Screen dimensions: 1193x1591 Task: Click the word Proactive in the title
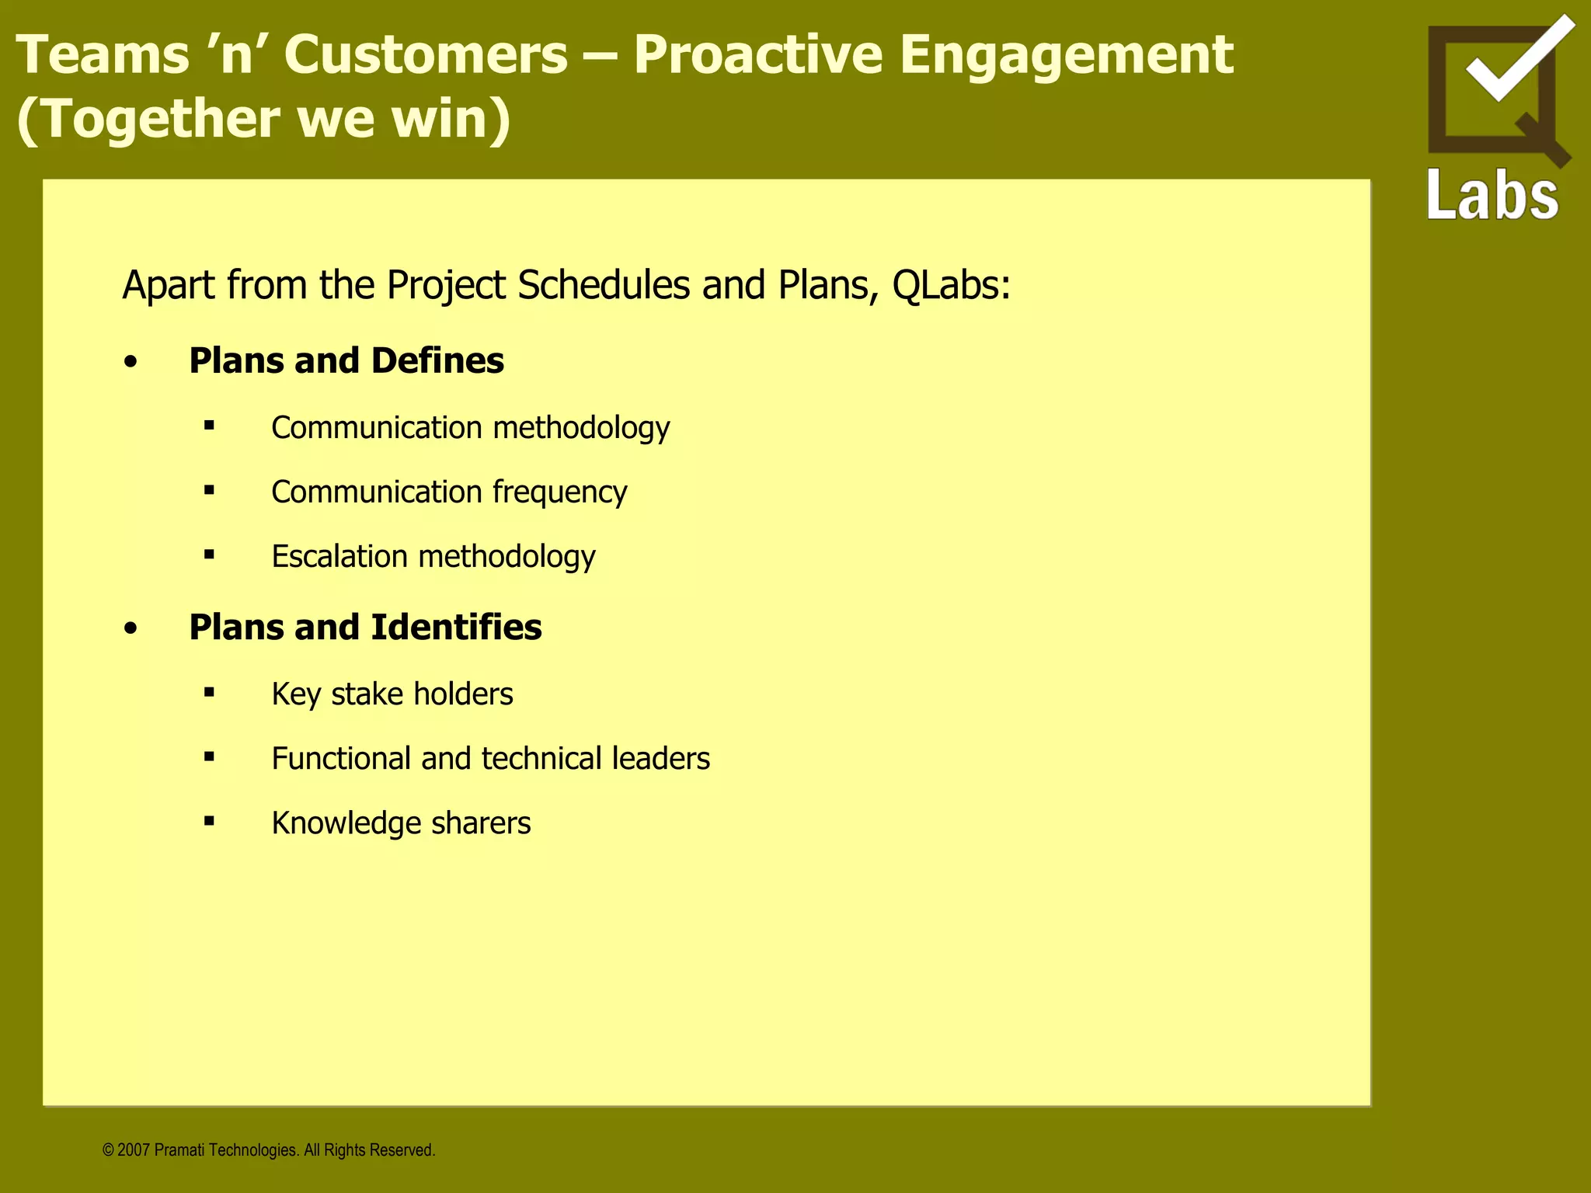point(757,56)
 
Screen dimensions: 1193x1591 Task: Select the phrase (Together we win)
point(264,120)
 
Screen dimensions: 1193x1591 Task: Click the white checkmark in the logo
point(1519,61)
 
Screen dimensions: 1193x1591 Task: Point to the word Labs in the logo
point(1492,194)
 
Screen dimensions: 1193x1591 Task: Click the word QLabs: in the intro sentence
point(951,285)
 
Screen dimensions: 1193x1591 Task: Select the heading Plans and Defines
point(346,361)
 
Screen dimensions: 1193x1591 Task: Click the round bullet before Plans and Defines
point(131,363)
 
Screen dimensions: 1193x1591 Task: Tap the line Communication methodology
point(470,428)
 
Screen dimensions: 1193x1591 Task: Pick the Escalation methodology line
point(433,557)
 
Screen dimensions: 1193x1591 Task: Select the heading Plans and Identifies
point(365,628)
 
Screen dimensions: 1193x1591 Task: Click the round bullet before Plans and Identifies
point(131,629)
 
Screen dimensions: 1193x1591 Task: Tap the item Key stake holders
point(392,694)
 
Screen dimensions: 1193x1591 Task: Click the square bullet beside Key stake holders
point(209,692)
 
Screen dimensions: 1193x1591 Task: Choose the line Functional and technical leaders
point(490,759)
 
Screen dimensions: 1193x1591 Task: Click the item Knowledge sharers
point(401,823)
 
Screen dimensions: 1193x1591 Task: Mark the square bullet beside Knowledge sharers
point(209,821)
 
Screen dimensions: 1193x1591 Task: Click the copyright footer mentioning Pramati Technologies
point(269,1150)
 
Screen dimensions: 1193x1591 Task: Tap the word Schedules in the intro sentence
point(604,285)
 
